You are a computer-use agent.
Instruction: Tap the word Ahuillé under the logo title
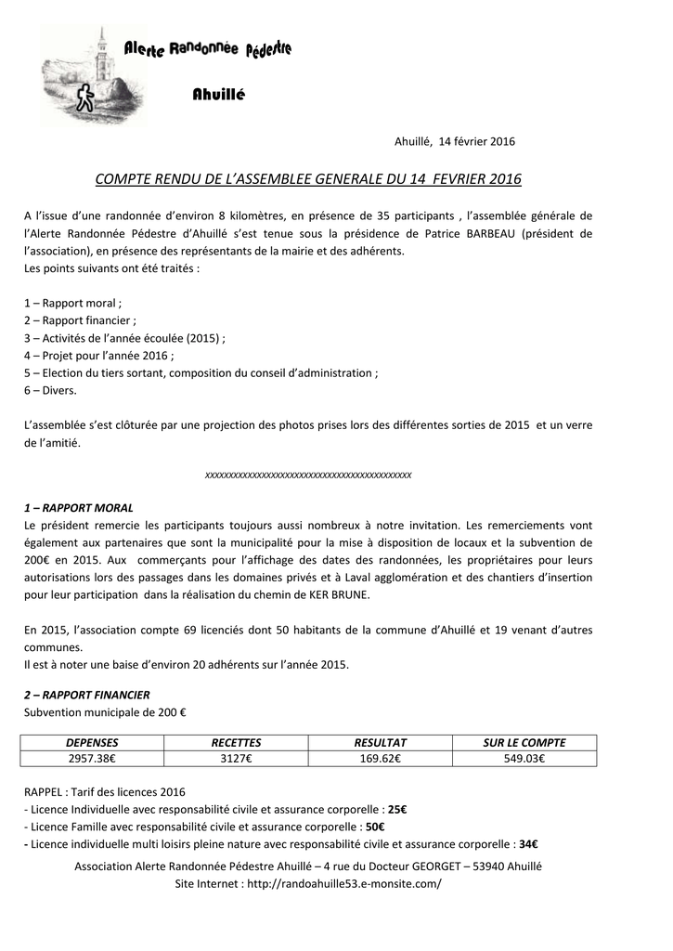tap(219, 95)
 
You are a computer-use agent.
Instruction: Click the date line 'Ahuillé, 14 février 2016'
tap(455, 142)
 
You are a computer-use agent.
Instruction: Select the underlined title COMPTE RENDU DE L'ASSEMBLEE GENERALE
tap(309, 178)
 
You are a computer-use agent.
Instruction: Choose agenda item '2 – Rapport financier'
tap(80, 320)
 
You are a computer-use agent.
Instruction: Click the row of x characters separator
tap(308, 475)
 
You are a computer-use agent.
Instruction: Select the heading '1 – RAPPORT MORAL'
tap(79, 508)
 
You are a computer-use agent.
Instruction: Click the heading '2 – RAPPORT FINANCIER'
tap(87, 695)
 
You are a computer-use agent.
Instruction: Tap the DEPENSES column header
tap(92, 743)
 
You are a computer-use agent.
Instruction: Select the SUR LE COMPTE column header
tap(524, 743)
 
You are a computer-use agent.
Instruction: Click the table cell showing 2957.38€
tap(92, 759)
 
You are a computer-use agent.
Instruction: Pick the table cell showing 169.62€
tap(381, 759)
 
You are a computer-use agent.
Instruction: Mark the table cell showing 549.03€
tap(524, 759)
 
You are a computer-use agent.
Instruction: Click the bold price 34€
tap(528, 845)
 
